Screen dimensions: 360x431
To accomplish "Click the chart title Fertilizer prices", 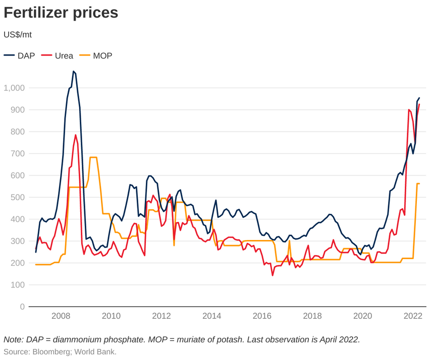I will (61, 13).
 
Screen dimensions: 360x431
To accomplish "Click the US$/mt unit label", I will (18, 35).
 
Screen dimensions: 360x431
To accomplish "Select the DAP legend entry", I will (20, 55).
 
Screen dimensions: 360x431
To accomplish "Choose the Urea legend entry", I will (58, 55).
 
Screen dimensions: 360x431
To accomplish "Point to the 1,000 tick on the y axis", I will (15, 88).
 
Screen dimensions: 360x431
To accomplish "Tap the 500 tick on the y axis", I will (18, 197).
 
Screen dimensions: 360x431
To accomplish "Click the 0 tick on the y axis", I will (22, 307).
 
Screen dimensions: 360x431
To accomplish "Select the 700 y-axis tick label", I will (18, 154).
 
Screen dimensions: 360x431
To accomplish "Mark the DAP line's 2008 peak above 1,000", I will (74, 72).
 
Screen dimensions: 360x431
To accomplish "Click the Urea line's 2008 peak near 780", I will (76, 135).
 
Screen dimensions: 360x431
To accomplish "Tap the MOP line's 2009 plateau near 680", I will (93, 157).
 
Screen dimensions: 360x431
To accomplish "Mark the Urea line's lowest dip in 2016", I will (273, 275).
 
